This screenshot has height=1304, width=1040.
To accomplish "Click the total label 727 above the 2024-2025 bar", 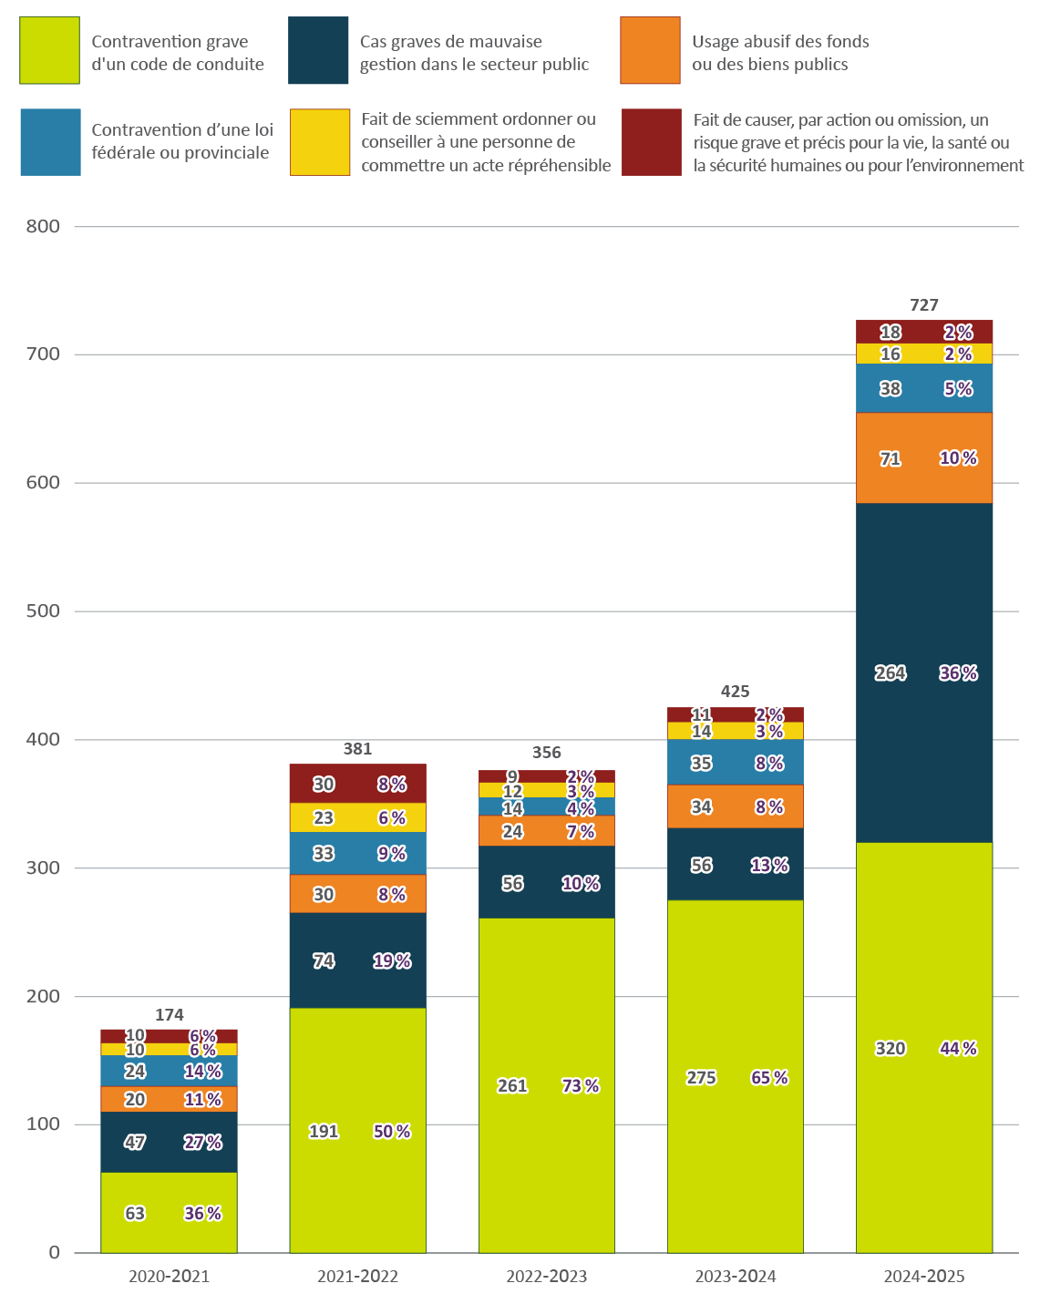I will pos(923,305).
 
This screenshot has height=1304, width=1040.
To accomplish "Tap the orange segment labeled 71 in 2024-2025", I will pos(923,458).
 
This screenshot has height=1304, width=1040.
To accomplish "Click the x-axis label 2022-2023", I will pos(546,1276).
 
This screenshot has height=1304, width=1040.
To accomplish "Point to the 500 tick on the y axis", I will pos(43,611).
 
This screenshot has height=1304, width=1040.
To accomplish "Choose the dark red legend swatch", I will pos(652,142).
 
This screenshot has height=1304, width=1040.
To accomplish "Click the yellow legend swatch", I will pos(320,142).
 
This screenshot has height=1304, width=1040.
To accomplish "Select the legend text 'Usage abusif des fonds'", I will pos(780,42).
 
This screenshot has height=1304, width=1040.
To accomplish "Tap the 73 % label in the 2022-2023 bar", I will pos(581,1085).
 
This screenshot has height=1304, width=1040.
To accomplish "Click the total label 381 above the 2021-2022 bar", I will pos(357,749).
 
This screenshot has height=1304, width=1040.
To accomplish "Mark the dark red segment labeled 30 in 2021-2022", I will pos(357,784).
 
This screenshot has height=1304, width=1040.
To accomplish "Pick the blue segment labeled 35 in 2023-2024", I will pos(735,763).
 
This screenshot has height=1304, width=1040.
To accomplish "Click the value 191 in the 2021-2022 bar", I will pos(324,1131).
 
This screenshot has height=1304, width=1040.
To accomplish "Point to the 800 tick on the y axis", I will pos(43,226).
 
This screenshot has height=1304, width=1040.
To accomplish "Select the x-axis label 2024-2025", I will pos(923,1276).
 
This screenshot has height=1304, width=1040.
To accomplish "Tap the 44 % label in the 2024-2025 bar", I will pos(958,1048).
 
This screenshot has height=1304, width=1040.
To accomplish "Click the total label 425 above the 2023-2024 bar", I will pos(735,692).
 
